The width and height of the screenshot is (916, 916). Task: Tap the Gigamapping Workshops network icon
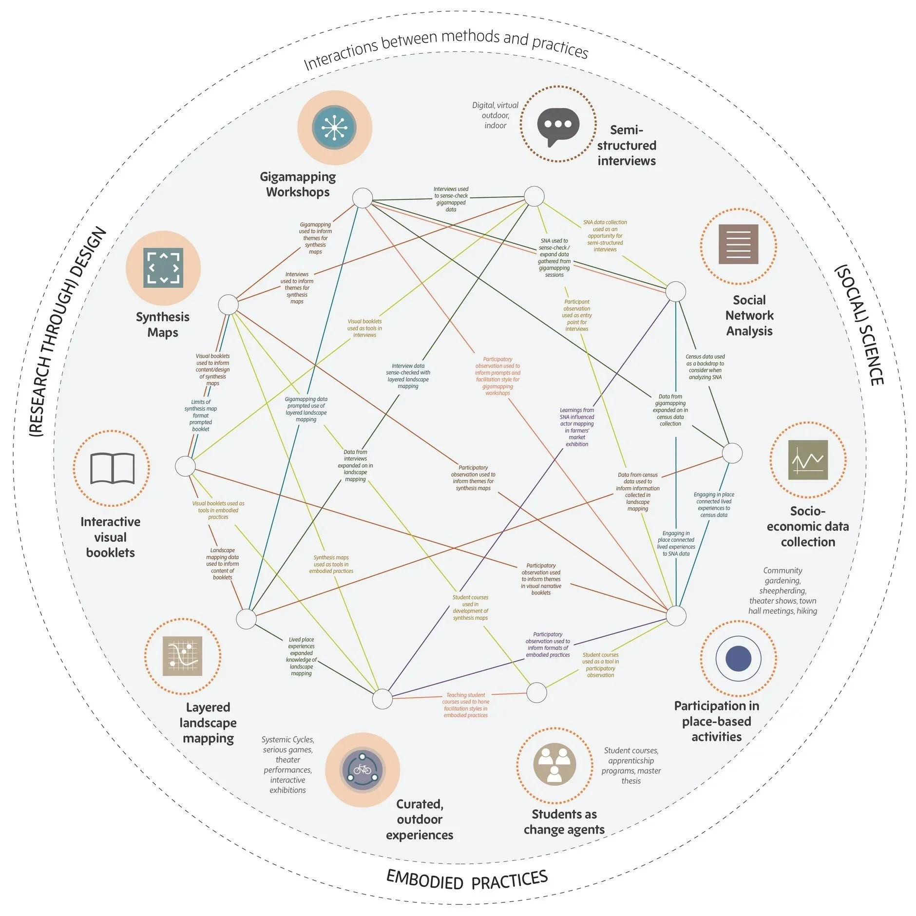335,127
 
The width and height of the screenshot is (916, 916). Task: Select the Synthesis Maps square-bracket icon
163,267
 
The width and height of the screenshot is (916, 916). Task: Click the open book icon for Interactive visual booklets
112,468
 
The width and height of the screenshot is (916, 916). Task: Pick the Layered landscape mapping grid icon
182,655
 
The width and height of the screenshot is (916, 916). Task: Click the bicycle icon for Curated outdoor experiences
363,769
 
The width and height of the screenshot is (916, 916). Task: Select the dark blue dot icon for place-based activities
738,658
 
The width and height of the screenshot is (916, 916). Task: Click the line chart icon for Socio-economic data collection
807,459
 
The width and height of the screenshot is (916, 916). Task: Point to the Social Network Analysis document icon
738,244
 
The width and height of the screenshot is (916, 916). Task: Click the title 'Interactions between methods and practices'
446,46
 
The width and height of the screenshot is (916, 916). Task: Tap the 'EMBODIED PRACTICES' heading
467,879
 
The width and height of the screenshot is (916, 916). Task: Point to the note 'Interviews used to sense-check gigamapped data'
451,199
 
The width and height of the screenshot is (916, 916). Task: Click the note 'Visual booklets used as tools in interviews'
364,328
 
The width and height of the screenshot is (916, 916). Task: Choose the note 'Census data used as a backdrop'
705,367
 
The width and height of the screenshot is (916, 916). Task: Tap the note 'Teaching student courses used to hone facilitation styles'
465,705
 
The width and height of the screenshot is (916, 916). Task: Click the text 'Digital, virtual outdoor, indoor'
495,115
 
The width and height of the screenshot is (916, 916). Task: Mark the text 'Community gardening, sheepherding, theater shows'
782,591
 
